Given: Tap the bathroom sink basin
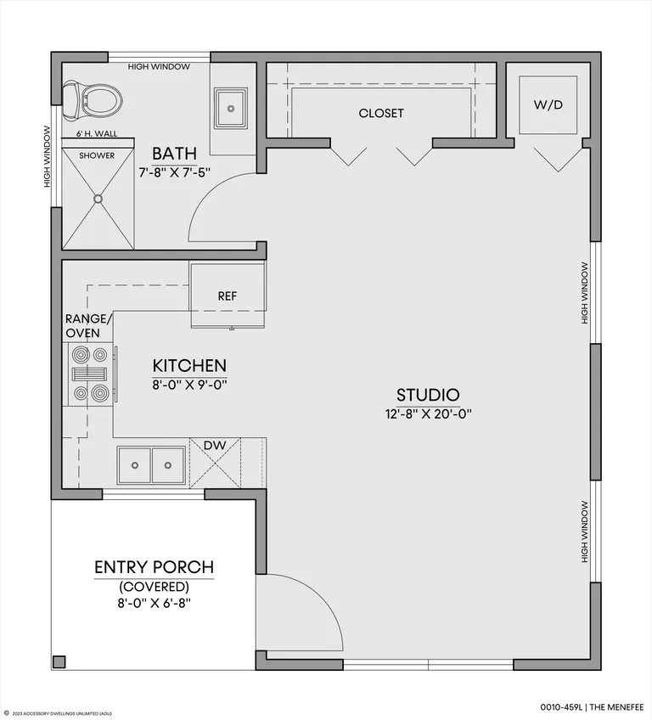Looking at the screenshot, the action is pyautogui.click(x=231, y=109).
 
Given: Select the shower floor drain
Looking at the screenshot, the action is pyautogui.click(x=98, y=199).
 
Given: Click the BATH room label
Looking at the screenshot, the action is pyautogui.click(x=175, y=154).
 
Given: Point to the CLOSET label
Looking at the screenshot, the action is pyautogui.click(x=381, y=113).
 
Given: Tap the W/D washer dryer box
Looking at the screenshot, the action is pyautogui.click(x=548, y=104).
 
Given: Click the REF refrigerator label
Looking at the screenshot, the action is pyautogui.click(x=228, y=296).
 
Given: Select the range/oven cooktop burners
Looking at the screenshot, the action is pyautogui.click(x=90, y=374).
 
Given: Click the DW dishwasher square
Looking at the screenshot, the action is pyautogui.click(x=215, y=463).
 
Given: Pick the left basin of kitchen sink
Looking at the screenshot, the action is pyautogui.click(x=134, y=465).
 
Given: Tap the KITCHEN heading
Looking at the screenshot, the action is pyautogui.click(x=189, y=366).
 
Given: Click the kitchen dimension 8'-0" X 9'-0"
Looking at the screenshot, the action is pyautogui.click(x=189, y=385).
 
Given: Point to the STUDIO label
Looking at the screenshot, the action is pyautogui.click(x=428, y=395).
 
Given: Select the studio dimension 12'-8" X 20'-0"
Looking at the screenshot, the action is pyautogui.click(x=429, y=414).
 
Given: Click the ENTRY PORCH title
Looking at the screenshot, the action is pyautogui.click(x=155, y=567).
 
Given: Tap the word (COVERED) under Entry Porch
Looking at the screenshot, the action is pyautogui.click(x=155, y=587).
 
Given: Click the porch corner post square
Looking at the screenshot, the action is pyautogui.click(x=59, y=661).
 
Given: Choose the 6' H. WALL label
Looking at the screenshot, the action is pyautogui.click(x=97, y=133).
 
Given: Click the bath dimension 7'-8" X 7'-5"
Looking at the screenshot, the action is pyautogui.click(x=175, y=173).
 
